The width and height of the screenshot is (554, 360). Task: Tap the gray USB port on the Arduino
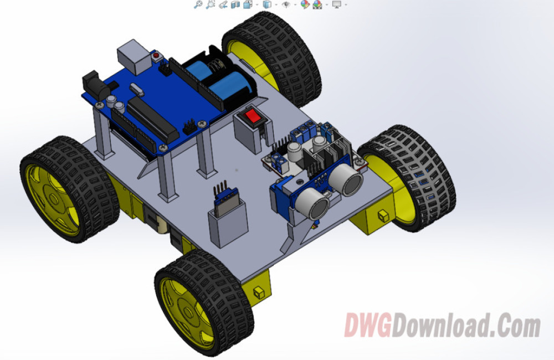coord(134,55)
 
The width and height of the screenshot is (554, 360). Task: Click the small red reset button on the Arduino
coord(158,55)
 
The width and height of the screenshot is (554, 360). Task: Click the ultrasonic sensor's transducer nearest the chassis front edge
coord(311,204)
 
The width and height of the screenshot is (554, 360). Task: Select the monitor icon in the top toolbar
coord(336,4)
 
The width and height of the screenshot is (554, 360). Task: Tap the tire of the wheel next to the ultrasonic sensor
coord(421,177)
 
